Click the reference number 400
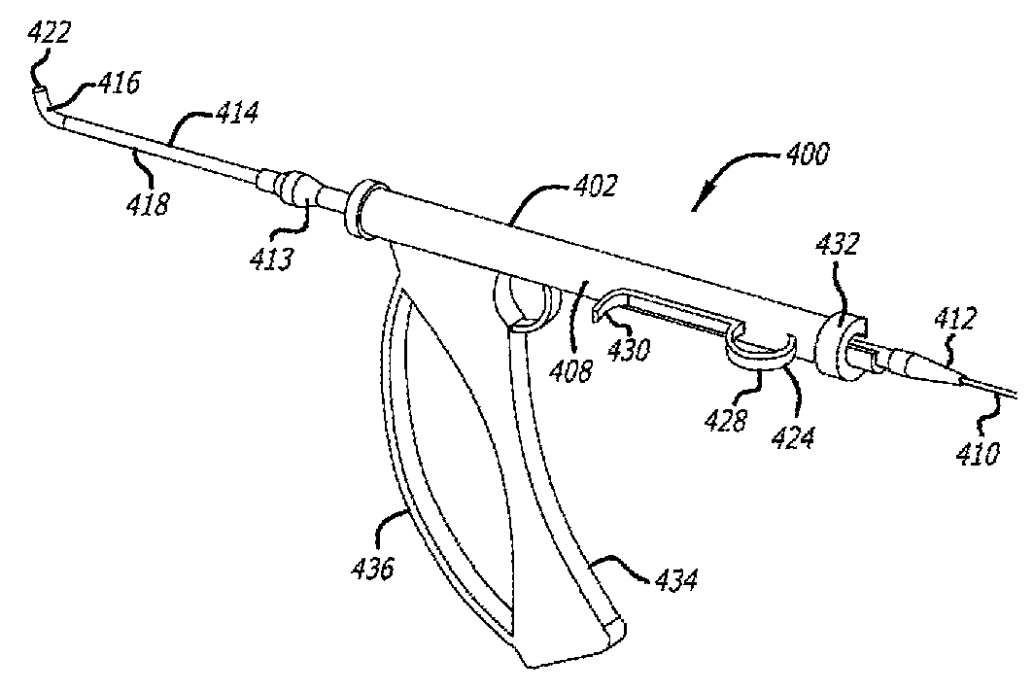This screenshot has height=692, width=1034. tap(802, 154)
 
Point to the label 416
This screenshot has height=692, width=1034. tap(119, 84)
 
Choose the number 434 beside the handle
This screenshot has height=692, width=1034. tap(674, 581)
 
